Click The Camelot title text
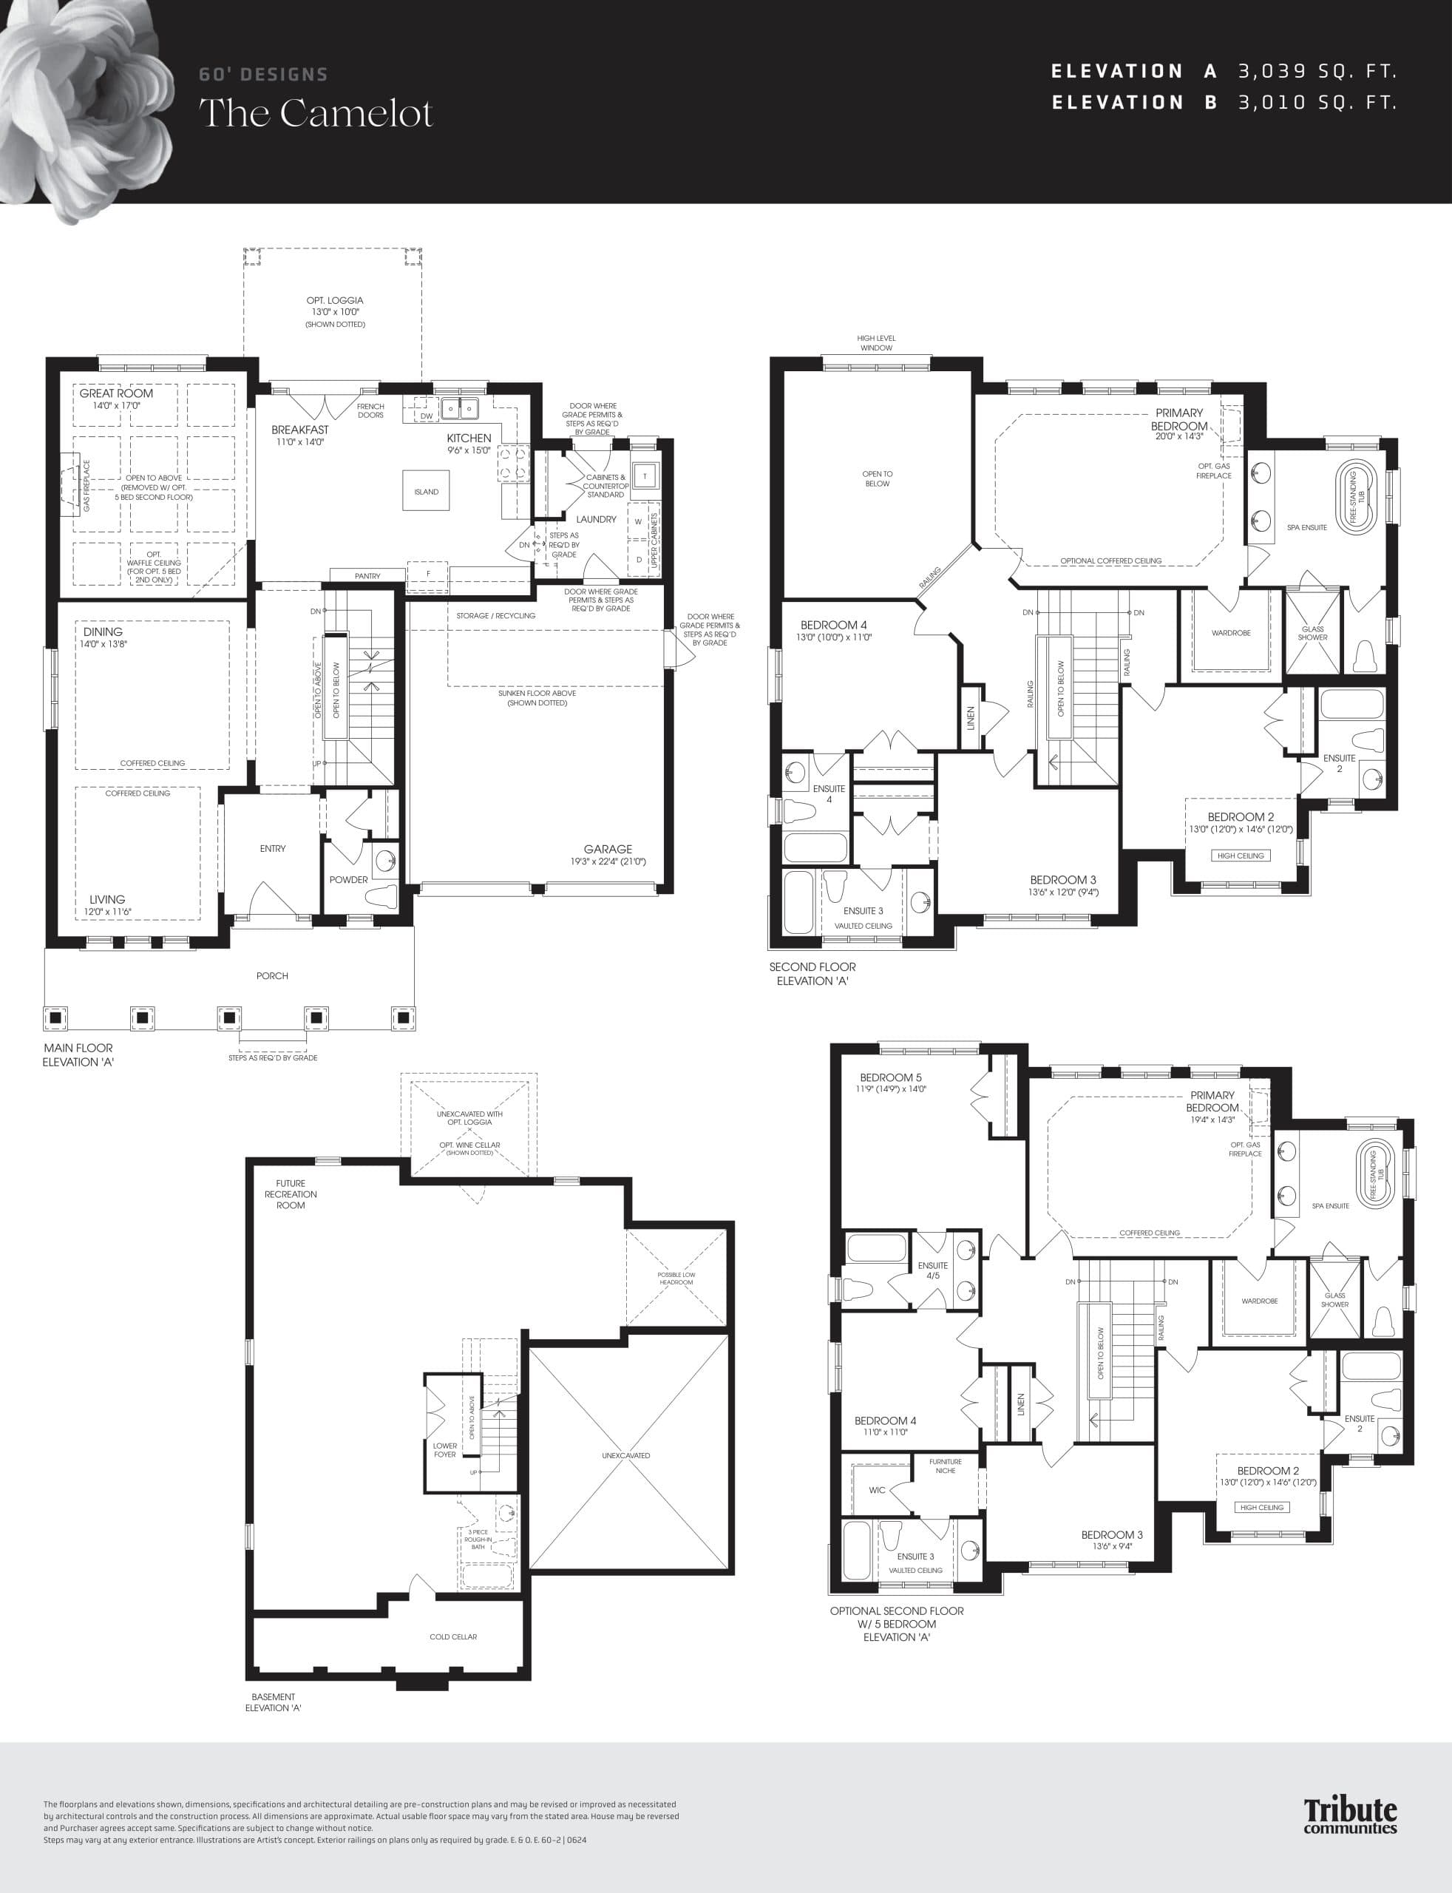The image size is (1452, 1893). (316, 114)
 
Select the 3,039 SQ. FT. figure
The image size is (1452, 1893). (1317, 72)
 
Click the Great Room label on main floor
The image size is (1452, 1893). (116, 393)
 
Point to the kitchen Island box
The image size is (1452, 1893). (426, 492)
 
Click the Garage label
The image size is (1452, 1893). (608, 849)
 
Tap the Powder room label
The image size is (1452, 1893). (348, 880)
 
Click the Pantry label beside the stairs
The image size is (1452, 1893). (367, 576)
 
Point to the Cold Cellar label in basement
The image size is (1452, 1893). (453, 1637)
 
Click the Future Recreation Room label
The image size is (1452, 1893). (291, 1194)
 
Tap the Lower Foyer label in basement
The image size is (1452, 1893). (445, 1449)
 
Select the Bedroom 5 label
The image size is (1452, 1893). (890, 1078)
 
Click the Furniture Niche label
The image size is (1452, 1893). (945, 1466)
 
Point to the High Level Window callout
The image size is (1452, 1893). (875, 343)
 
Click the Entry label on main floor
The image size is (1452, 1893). (272, 849)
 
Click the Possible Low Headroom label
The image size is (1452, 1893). (676, 1279)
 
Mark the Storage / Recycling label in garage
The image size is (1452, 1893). (495, 615)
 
